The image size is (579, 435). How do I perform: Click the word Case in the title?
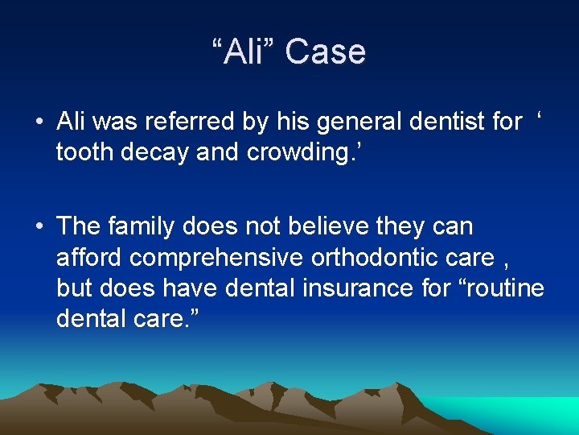point(326,52)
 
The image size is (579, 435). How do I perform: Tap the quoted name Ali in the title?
point(244,52)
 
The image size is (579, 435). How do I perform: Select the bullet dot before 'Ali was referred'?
point(39,122)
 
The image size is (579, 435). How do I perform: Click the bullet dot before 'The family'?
point(39,227)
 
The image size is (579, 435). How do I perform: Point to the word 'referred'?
point(199,122)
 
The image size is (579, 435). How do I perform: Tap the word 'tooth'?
point(84,152)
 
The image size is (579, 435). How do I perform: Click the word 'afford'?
point(89,257)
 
